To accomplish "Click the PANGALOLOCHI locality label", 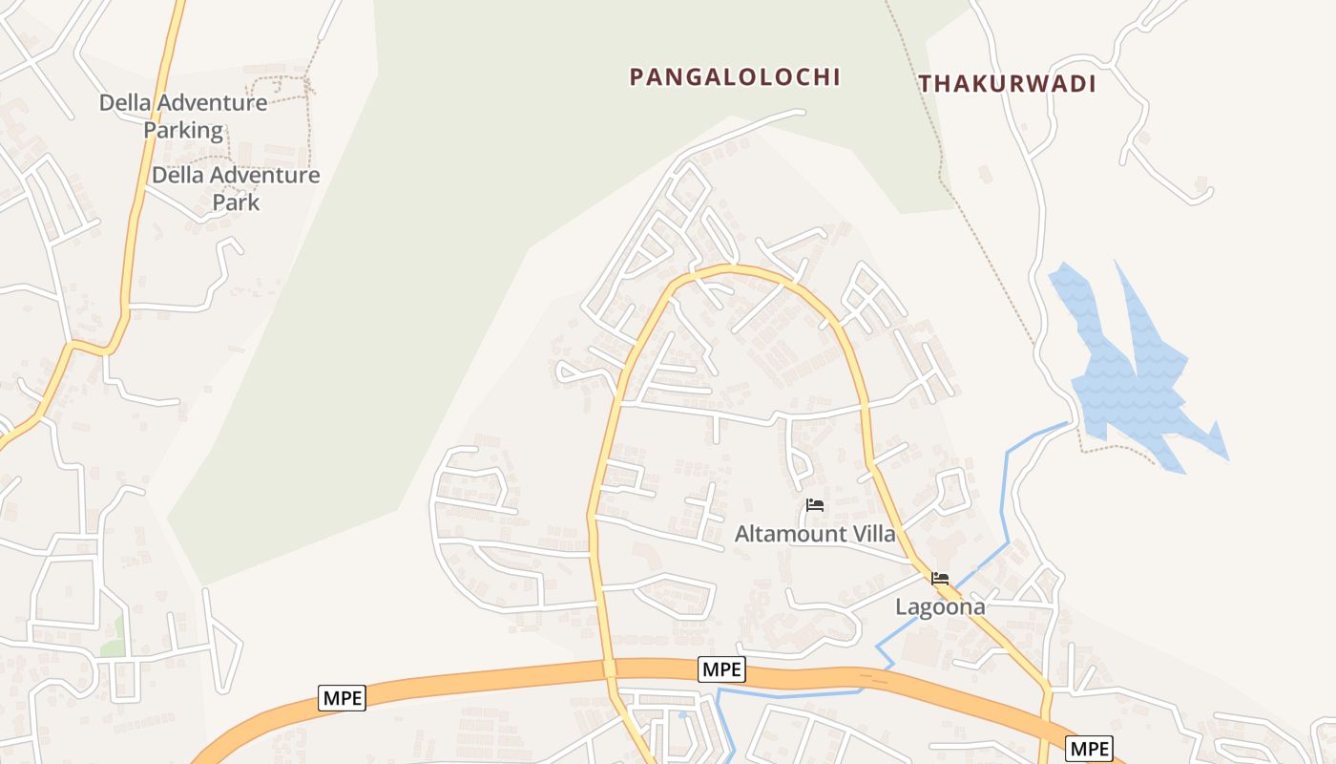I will pos(735,77).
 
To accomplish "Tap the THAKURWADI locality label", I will pos(1007,84).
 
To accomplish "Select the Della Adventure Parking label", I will pos(183,117).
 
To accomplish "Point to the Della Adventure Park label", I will pos(236,188).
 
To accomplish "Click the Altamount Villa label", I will pos(815,534).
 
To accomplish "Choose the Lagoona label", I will pos(939,606).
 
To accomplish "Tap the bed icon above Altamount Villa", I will pos(814,505).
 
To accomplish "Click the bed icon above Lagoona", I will pos(940,579).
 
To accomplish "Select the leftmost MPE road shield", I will pos(342,698).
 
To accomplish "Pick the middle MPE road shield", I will pos(721,669).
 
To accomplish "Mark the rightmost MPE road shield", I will pos(1089,749).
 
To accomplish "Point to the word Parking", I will pos(183,130).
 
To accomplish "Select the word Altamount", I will pos(785,534).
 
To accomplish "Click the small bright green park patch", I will pos(115,636).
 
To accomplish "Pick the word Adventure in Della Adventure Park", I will pos(261,176).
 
